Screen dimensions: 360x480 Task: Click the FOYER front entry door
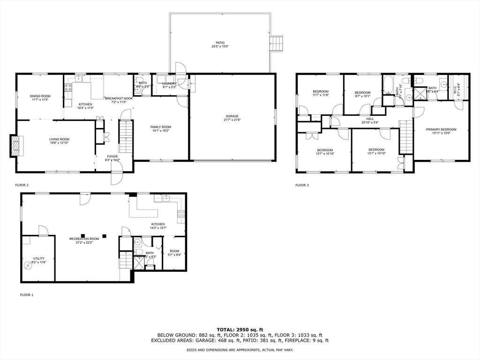click(x=116, y=178)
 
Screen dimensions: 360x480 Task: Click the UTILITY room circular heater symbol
click(x=28, y=265)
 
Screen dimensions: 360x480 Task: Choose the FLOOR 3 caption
click(x=302, y=185)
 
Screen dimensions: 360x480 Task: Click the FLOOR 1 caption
click(x=26, y=295)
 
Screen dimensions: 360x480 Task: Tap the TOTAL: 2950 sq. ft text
click(x=240, y=330)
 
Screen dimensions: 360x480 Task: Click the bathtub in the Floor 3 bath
click(x=389, y=85)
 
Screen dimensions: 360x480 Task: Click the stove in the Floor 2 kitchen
click(x=67, y=87)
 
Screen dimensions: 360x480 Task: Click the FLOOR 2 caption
click(x=22, y=185)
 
